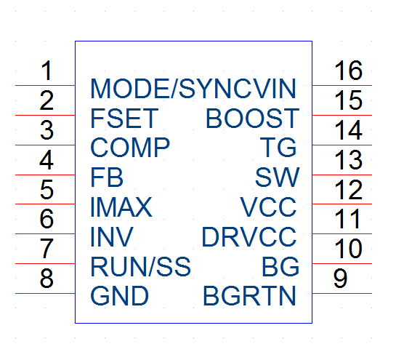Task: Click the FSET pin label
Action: (x=124, y=118)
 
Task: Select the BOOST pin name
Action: (x=253, y=118)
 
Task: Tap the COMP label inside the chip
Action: (x=130, y=148)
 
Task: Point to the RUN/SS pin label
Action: (x=141, y=266)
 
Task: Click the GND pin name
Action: (x=119, y=296)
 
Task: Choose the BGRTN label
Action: (x=249, y=296)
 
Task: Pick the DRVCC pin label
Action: (x=249, y=237)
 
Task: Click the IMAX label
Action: (x=121, y=207)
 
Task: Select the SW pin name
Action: (x=278, y=177)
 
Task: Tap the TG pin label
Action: (x=278, y=148)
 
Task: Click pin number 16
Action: (x=349, y=71)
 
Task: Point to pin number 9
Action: (x=340, y=279)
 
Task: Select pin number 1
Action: (x=47, y=71)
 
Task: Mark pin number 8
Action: (x=47, y=279)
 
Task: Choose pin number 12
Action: (x=349, y=189)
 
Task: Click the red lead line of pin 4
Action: (x=45, y=175)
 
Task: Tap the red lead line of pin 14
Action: (x=342, y=145)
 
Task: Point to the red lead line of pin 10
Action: (x=342, y=264)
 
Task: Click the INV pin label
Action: (x=111, y=237)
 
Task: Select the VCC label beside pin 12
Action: (x=268, y=207)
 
